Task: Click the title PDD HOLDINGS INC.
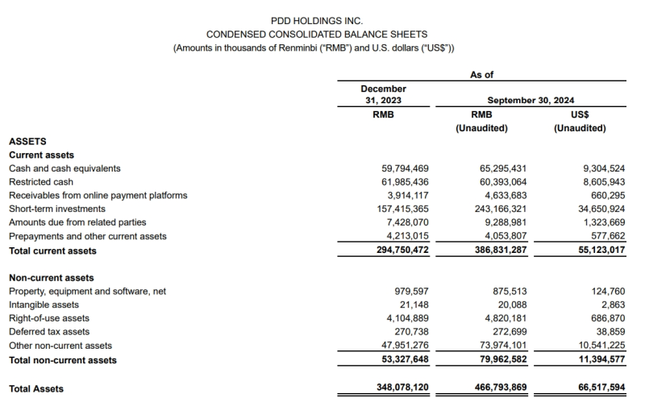(317, 20)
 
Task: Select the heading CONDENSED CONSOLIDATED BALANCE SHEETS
(317, 35)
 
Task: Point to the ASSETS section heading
(27, 141)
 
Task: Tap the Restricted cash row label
(42, 182)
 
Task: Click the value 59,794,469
(405, 168)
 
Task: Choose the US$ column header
(580, 114)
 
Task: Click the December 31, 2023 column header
(384, 94)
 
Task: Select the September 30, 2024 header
(531, 101)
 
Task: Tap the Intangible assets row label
(44, 304)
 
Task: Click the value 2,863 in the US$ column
(612, 304)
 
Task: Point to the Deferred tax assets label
(49, 332)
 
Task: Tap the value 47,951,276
(405, 346)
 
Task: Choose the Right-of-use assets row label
(49, 318)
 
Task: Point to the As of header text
(481, 74)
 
